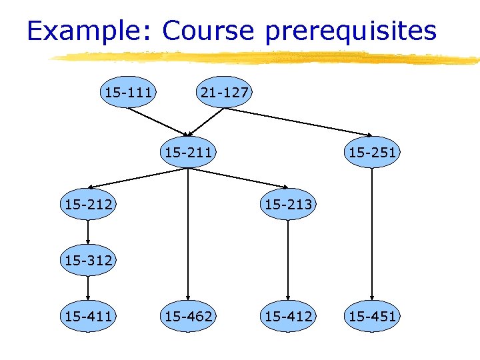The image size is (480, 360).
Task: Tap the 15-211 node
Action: pos(189,153)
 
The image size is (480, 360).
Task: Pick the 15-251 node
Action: pos(372,153)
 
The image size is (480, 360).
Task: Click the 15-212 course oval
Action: pos(88,204)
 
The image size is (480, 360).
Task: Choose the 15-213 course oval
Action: pos(288,204)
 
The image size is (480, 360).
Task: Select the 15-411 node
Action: pos(88,316)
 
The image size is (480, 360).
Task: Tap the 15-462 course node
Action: pos(189,316)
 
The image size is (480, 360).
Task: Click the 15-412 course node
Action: pos(288,316)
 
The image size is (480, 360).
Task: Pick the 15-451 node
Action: pos(372,316)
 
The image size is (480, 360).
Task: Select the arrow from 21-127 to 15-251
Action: pos(300,122)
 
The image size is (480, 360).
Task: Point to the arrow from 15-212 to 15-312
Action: pos(88,232)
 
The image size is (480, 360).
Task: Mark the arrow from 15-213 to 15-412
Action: pos(288,260)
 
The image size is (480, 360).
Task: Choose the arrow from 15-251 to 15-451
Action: pos(372,233)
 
